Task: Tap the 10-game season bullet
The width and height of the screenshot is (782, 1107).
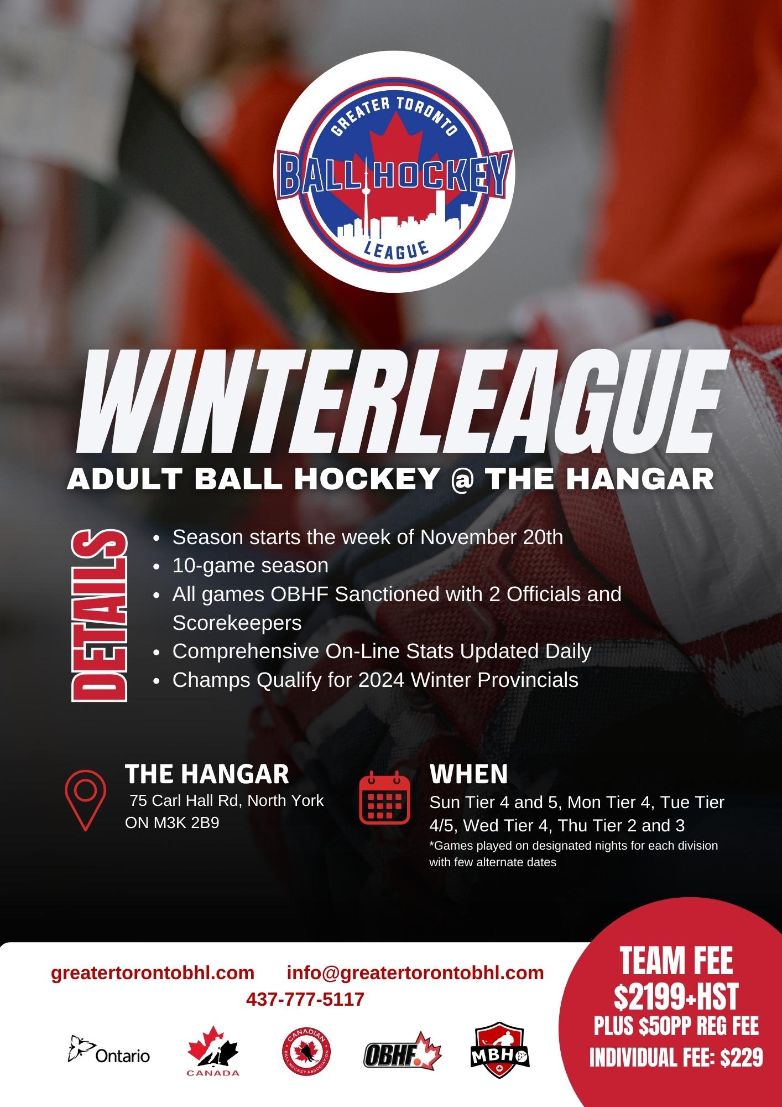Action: [x=250, y=566]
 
